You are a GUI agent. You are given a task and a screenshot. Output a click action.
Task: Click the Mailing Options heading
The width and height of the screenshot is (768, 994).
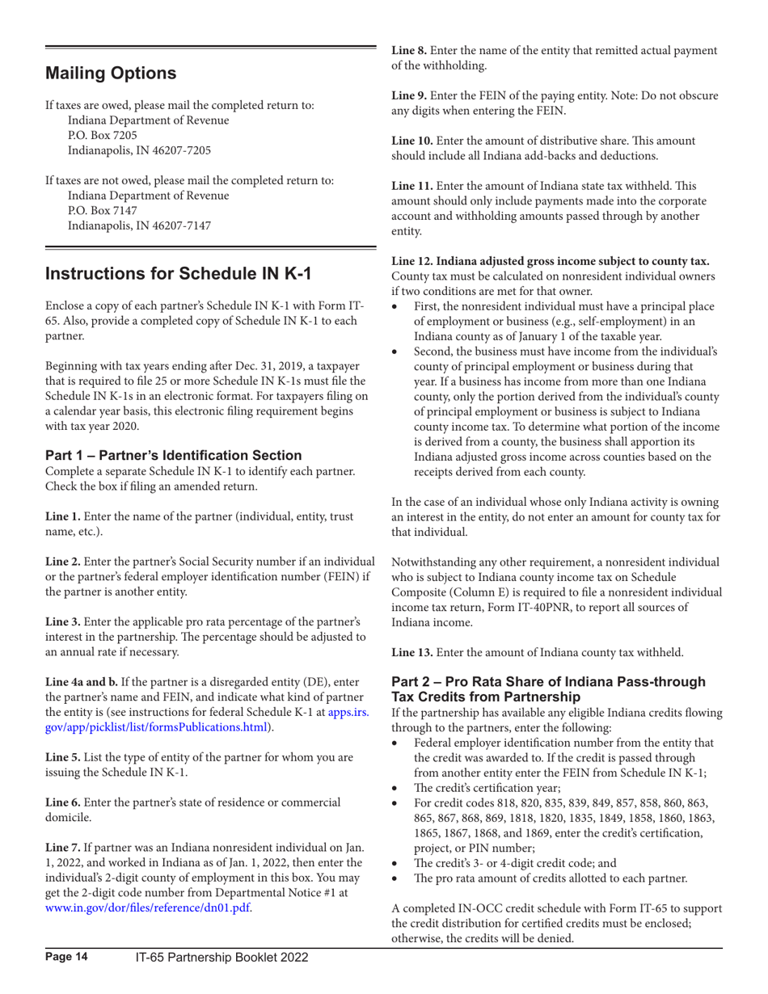pos(111,74)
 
